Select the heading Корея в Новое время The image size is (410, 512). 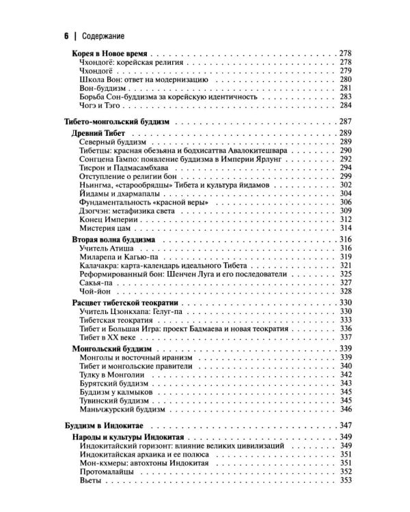110,53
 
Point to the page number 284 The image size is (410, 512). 345,106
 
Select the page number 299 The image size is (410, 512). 345,177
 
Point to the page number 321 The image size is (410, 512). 345,266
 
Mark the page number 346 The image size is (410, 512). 345,410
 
